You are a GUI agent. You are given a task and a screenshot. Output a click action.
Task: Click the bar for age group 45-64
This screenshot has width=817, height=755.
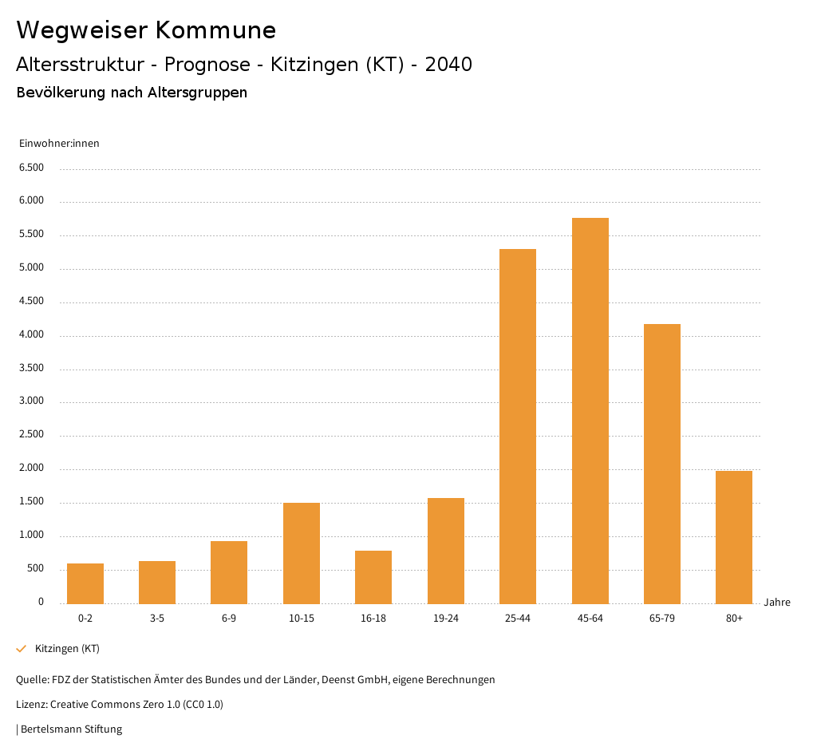pos(590,410)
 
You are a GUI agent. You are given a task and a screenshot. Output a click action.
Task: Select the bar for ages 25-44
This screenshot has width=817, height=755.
pos(518,426)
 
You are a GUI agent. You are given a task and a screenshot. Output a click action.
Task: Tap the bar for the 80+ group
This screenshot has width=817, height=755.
pos(734,537)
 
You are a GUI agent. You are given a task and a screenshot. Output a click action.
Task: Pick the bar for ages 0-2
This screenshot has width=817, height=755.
pos(85,583)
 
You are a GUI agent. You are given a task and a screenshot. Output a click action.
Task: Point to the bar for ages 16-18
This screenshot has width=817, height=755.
pos(373,577)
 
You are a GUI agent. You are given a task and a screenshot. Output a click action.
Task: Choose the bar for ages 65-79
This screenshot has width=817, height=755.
pos(662,464)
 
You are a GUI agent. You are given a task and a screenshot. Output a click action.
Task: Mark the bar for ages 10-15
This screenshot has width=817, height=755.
pos(302,553)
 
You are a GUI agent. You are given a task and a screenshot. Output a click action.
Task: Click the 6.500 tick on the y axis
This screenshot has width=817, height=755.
pos(31,168)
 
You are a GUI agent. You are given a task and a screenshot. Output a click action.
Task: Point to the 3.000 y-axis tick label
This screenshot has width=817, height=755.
pos(31,401)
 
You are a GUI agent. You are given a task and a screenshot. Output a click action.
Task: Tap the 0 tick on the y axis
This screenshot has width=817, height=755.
pos(41,602)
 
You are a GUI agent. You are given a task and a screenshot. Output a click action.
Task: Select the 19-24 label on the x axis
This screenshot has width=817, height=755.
pos(445,619)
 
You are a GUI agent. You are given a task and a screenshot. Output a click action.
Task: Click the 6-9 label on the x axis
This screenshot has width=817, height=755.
pos(229,619)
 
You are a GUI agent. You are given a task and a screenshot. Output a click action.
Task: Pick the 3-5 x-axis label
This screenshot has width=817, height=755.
pos(157,619)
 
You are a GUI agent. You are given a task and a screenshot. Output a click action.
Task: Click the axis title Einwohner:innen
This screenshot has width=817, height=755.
pos(59,144)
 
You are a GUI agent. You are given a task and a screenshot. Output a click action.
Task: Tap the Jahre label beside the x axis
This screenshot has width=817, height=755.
pos(777,603)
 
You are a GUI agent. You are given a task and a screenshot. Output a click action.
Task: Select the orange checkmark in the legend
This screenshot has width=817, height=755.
pos(22,649)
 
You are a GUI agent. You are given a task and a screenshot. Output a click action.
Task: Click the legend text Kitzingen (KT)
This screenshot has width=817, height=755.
pos(67,649)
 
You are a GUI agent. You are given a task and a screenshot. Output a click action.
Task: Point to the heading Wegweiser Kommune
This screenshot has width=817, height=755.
pos(146,30)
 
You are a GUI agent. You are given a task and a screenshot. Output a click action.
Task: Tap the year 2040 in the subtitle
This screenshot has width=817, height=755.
pos(448,65)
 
